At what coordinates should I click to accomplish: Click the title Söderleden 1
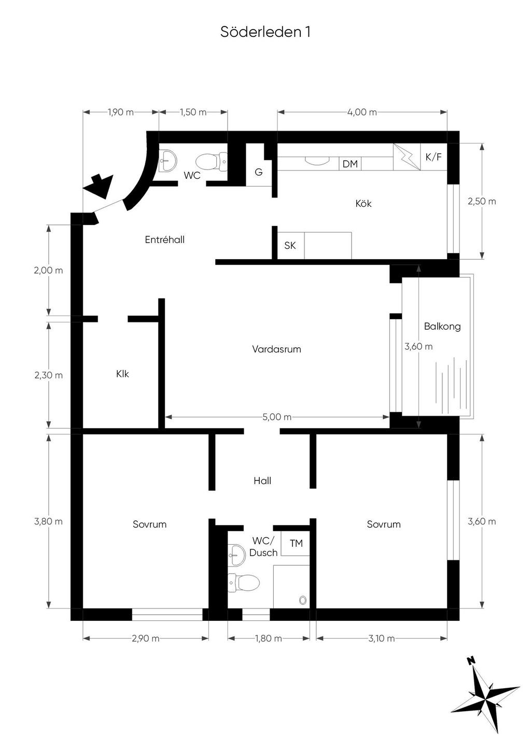pos(265,32)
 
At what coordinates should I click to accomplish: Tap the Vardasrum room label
pos(276,349)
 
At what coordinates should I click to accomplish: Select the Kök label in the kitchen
pos(364,204)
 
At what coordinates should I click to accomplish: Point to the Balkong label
pos(442,326)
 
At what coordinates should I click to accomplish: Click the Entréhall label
pos(165,240)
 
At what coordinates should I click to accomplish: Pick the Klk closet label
pos(122,374)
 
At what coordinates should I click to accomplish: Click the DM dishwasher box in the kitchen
pos(350,164)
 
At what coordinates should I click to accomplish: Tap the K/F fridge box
pos(434,157)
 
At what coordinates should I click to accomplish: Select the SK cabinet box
pos(290,246)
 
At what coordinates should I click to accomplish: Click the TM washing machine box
pos(295,543)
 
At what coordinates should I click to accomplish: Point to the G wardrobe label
pos(258,172)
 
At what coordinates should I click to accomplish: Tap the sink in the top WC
pos(167,161)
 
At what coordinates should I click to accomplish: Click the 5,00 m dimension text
pos(277,417)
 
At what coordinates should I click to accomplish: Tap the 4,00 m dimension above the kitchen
pos(362,112)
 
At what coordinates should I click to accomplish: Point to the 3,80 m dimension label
pos(48,521)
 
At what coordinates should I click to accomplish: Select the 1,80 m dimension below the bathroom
pos(268,638)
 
